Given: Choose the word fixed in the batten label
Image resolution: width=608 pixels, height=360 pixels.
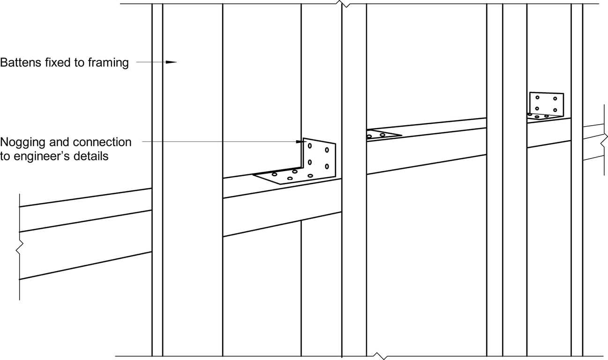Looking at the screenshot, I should [x=54, y=63].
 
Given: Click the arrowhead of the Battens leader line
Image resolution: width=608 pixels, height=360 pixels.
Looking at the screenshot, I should [x=172, y=62].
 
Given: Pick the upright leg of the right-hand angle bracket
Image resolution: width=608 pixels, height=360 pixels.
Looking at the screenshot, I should [x=546, y=103].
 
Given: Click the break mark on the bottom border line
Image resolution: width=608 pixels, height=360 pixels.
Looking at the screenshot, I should [x=382, y=356].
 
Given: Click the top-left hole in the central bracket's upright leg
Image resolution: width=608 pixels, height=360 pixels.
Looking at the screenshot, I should [x=310, y=146].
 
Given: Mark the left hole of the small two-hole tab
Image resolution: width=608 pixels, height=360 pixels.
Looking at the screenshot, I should [x=369, y=136].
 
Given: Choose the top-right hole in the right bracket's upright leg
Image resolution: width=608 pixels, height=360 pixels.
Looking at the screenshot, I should [x=555, y=98].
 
